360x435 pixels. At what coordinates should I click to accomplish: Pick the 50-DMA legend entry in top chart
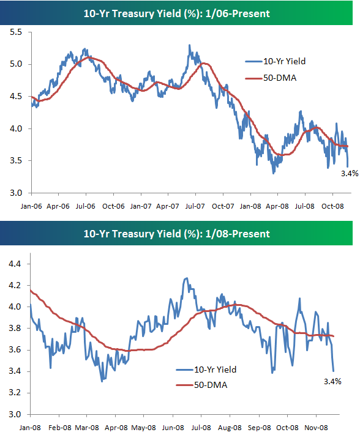pos(274,78)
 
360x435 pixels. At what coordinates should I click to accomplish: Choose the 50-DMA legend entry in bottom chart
pos(206,385)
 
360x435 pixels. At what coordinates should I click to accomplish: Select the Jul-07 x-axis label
pos(195,207)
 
